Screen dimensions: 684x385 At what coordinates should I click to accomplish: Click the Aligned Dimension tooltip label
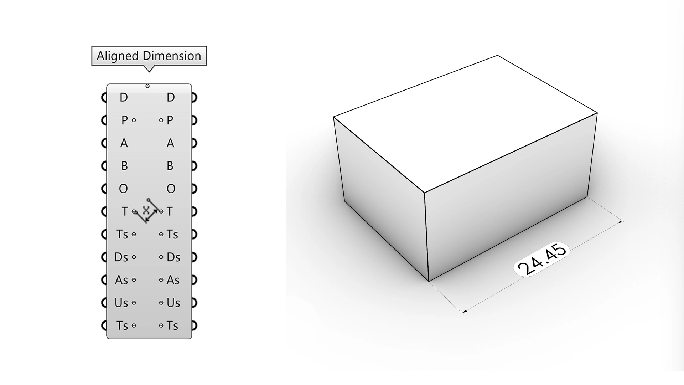149,56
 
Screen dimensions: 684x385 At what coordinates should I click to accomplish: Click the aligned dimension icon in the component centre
147,211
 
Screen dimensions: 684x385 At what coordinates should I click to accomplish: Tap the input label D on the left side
124,97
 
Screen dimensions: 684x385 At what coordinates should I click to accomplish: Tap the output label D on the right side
171,97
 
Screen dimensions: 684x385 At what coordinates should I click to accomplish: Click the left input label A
124,143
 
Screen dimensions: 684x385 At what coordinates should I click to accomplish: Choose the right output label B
170,166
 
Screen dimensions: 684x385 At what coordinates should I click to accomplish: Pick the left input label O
123,189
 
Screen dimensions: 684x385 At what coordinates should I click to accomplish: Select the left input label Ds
121,257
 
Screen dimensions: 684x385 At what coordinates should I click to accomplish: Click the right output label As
173,280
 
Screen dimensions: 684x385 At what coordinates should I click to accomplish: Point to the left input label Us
121,303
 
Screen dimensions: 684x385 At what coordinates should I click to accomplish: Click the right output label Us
173,303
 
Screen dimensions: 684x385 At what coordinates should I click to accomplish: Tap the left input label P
124,120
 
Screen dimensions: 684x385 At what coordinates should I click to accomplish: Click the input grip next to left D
104,97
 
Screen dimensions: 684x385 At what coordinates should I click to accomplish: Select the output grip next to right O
194,189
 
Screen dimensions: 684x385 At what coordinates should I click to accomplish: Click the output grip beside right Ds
194,257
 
